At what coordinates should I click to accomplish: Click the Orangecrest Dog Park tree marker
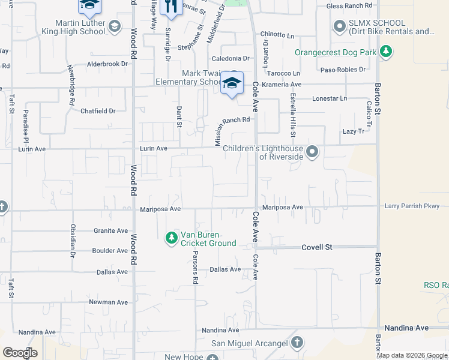pyautogui.click(x=387, y=52)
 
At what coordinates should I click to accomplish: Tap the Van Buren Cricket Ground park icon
pyautogui.click(x=172, y=238)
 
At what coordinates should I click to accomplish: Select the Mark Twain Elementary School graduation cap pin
pyautogui.click(x=232, y=84)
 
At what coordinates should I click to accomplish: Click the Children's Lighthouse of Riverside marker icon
pyautogui.click(x=312, y=152)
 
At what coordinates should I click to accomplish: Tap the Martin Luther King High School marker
pyautogui.click(x=115, y=27)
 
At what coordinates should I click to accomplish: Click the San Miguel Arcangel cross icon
pyautogui.click(x=296, y=343)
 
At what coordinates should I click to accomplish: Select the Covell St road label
pyautogui.click(x=317, y=247)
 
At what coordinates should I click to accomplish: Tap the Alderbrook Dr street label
pyautogui.click(x=109, y=64)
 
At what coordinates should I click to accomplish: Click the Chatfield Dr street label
pyautogui.click(x=98, y=111)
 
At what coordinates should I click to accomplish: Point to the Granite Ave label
pyautogui.click(x=111, y=230)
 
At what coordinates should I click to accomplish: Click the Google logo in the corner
pyautogui.click(x=20, y=353)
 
